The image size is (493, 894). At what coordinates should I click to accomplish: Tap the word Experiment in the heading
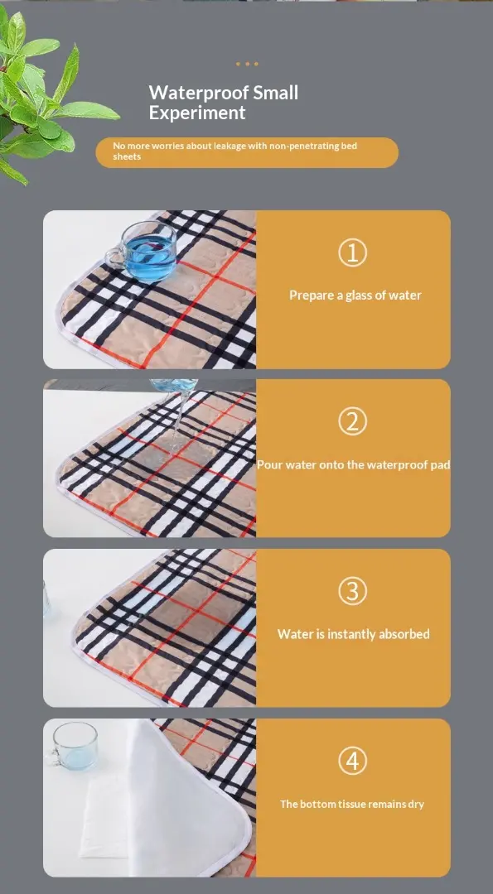pos(197,113)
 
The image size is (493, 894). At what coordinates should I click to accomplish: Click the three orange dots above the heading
pos(247,64)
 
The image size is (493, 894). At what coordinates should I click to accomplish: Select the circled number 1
pos(353,252)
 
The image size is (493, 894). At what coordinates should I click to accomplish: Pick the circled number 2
pos(353,422)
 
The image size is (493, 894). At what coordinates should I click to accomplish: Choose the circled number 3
pos(353,592)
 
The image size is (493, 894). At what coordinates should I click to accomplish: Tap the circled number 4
pos(353,762)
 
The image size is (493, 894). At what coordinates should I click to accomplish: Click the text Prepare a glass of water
pos(355,296)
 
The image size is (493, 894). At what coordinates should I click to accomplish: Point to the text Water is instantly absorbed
pos(353,634)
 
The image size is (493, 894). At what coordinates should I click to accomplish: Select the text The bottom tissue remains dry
pos(352,804)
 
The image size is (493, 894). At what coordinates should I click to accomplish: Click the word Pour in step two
pos(269,464)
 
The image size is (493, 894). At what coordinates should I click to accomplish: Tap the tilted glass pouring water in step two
pos(173,386)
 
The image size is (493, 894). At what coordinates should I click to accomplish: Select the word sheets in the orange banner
pos(127,156)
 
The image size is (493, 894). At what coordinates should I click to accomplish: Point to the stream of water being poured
pos(177,422)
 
